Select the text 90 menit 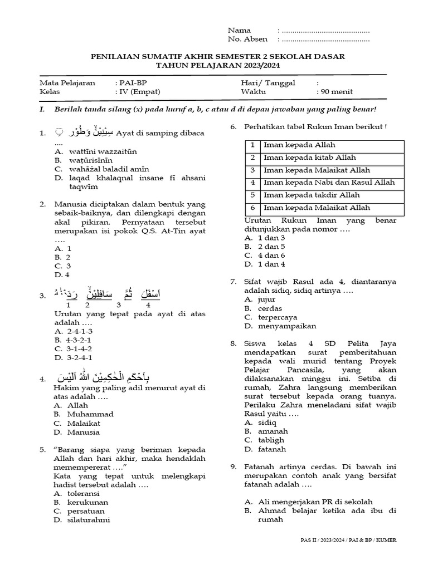(x=336, y=92)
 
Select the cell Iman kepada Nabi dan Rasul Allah (x=329, y=183)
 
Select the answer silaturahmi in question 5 (x=89, y=520)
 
